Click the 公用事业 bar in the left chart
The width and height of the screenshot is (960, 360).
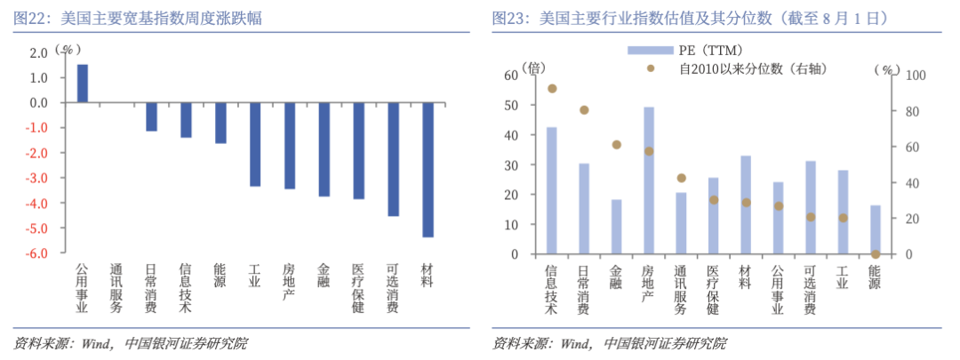click(x=82, y=84)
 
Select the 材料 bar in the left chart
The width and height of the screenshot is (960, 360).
click(x=428, y=170)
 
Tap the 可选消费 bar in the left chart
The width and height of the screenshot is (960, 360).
click(x=393, y=159)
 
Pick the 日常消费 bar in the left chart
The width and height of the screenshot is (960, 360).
click(x=151, y=117)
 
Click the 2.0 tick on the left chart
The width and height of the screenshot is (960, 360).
click(x=38, y=53)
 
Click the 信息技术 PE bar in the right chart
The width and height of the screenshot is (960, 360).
click(x=552, y=190)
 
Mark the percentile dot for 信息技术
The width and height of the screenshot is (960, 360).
click(x=552, y=89)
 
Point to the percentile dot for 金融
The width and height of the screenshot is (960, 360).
click(x=617, y=144)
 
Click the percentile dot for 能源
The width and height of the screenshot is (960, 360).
click(x=876, y=254)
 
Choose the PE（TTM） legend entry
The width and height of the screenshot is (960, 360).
click(x=684, y=50)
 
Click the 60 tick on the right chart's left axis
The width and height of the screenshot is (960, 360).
click(x=510, y=76)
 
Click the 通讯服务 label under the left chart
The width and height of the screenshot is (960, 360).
click(x=116, y=288)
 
